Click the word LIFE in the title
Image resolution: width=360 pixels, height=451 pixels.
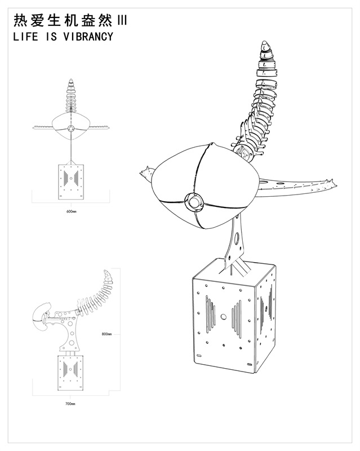[25, 37]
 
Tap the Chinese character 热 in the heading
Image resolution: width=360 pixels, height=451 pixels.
[21, 21]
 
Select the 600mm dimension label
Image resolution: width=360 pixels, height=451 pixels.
[72, 211]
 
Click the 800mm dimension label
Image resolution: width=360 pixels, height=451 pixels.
[106, 334]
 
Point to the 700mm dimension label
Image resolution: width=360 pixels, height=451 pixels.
[70, 404]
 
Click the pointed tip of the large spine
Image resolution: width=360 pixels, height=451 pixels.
[265, 43]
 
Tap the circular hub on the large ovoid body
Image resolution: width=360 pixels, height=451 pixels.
[194, 201]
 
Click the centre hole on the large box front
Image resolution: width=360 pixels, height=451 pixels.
[223, 317]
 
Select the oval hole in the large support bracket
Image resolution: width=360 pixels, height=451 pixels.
[237, 237]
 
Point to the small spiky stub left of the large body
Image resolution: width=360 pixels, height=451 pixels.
[146, 174]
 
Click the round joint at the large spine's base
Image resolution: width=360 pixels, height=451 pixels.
[243, 152]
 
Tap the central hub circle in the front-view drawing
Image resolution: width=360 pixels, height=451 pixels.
[71, 129]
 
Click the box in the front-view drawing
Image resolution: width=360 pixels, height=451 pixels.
[71, 182]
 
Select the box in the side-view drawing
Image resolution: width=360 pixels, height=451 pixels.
[70, 373]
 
